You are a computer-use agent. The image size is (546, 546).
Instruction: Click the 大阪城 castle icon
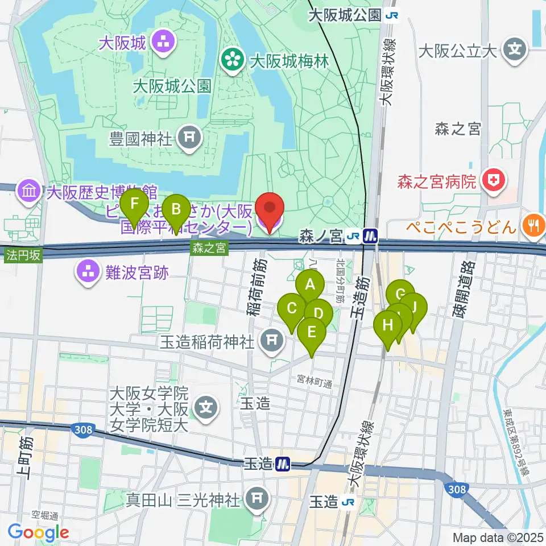coord(164,43)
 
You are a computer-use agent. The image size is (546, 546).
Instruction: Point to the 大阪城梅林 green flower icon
coord(232,61)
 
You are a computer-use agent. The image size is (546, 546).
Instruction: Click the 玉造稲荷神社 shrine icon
coord(271,342)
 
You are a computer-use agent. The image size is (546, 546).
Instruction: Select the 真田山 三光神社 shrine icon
coord(257,499)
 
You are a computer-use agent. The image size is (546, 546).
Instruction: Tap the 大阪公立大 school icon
coord(515,51)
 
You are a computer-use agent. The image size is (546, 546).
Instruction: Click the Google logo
coord(39,533)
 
